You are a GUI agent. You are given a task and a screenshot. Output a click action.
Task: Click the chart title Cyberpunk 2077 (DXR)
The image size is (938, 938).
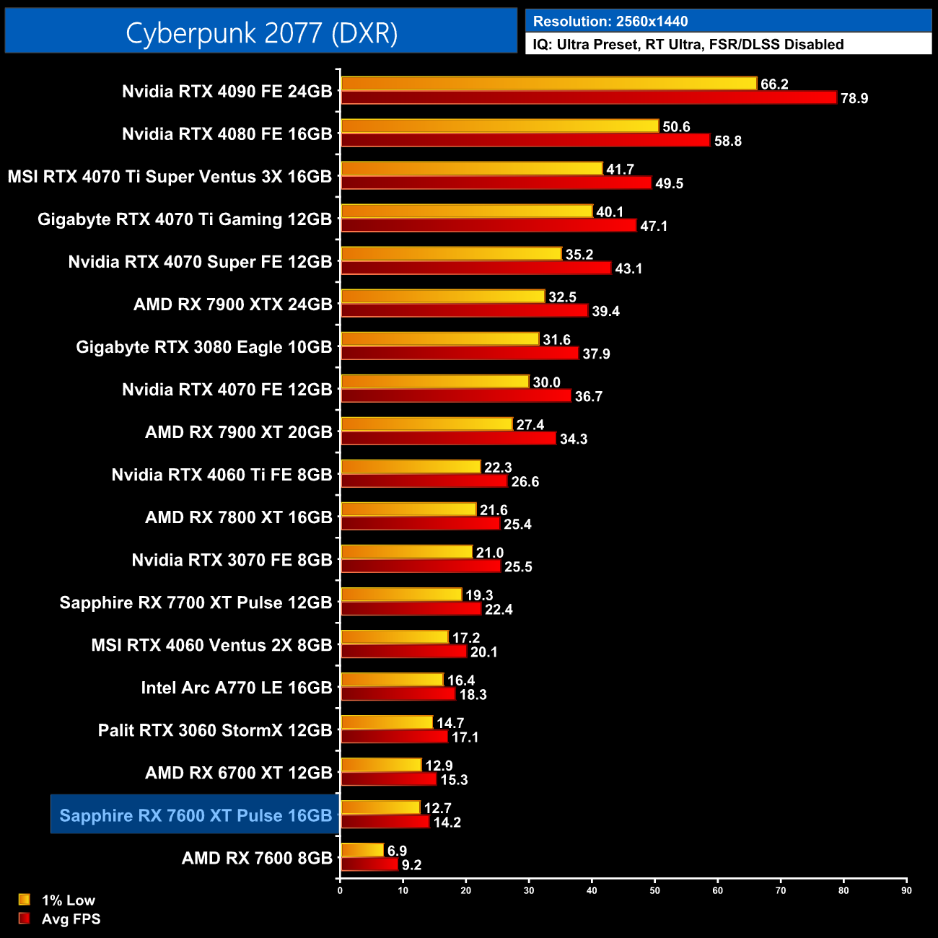pyautogui.click(x=261, y=33)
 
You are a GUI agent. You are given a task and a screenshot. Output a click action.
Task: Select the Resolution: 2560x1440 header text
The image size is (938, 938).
pyautogui.click(x=610, y=22)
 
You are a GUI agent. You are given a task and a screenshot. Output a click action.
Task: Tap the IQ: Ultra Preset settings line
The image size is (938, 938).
pyautogui.click(x=688, y=45)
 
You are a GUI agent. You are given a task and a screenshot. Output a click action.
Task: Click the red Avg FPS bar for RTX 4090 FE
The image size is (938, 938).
pyautogui.click(x=588, y=98)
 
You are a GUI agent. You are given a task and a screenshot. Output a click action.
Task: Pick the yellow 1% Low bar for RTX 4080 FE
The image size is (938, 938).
pyautogui.click(x=499, y=126)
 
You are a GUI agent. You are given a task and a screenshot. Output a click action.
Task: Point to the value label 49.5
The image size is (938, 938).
pyautogui.click(x=669, y=184)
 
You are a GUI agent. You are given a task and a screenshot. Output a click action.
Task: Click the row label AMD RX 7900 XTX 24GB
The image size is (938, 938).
pyautogui.click(x=232, y=304)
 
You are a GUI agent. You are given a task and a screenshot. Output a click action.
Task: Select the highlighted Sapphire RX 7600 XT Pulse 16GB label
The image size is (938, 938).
pyautogui.click(x=196, y=815)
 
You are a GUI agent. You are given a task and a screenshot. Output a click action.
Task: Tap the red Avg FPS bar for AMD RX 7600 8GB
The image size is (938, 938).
pyautogui.click(x=369, y=864)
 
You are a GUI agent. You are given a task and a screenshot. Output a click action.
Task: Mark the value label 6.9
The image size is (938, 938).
pyautogui.click(x=397, y=851)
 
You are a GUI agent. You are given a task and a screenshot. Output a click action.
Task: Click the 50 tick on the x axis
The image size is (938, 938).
pyautogui.click(x=654, y=890)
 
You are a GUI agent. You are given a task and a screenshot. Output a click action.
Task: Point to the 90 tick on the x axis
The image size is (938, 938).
pyautogui.click(x=906, y=890)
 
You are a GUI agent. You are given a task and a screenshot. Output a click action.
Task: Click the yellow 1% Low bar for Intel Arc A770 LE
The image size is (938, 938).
pyautogui.click(x=392, y=680)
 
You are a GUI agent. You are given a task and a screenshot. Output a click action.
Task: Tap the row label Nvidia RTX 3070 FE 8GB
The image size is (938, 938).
pyautogui.click(x=232, y=560)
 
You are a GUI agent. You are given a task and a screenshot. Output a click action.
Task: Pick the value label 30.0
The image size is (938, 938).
pyautogui.click(x=546, y=382)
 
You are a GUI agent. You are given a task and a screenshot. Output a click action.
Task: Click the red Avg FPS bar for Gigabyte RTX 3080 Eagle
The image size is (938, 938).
pyautogui.click(x=460, y=354)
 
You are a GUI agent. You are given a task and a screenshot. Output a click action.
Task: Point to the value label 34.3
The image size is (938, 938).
pyautogui.click(x=574, y=439)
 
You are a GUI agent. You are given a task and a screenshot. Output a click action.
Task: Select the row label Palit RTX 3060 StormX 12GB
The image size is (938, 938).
pyautogui.click(x=215, y=730)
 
